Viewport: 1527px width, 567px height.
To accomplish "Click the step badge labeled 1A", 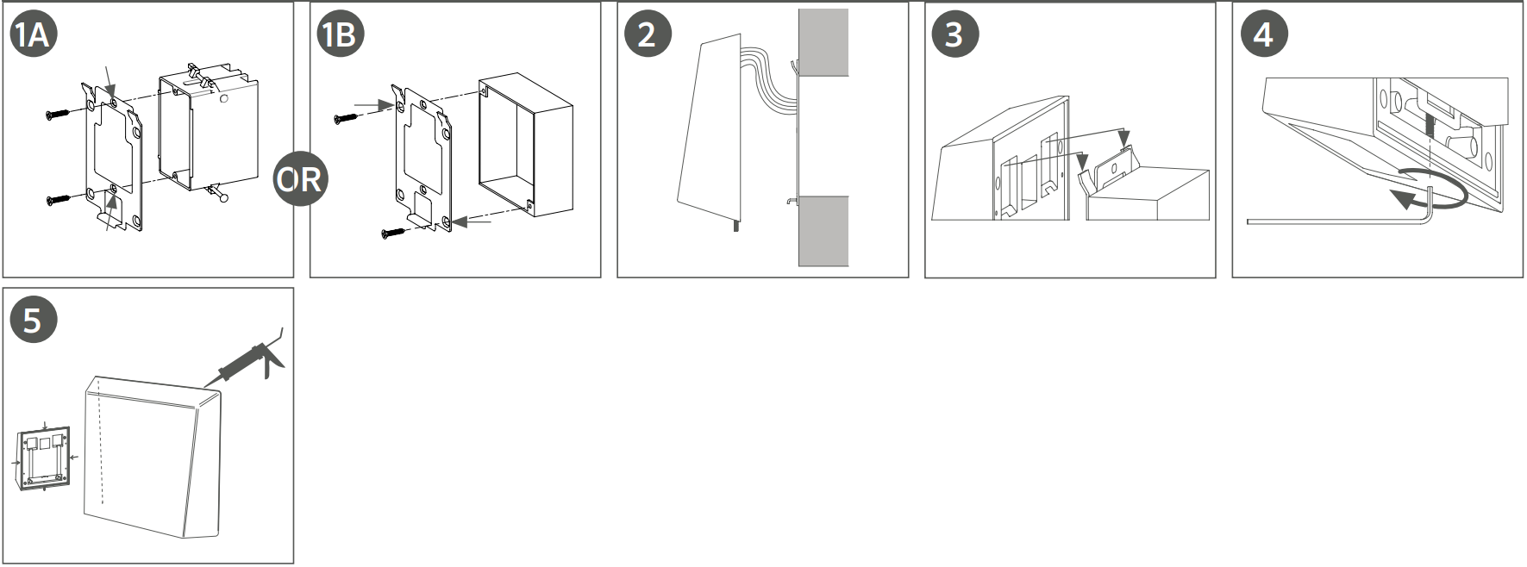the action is (33, 34).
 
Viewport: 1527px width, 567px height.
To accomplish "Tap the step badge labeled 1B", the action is (341, 34).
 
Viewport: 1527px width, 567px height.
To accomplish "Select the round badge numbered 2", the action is (648, 34).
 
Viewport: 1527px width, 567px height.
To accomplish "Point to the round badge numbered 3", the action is (954, 34).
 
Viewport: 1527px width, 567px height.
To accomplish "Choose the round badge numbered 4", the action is (1263, 34).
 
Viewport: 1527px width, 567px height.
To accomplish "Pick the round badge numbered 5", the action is (33, 321).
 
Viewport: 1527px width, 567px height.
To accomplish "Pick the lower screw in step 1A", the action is (61, 200).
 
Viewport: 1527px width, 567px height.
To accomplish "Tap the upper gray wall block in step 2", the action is (823, 42).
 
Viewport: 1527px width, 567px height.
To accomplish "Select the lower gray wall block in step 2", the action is (823, 231).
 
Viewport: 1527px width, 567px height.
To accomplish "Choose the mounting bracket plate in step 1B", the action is (422, 158).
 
